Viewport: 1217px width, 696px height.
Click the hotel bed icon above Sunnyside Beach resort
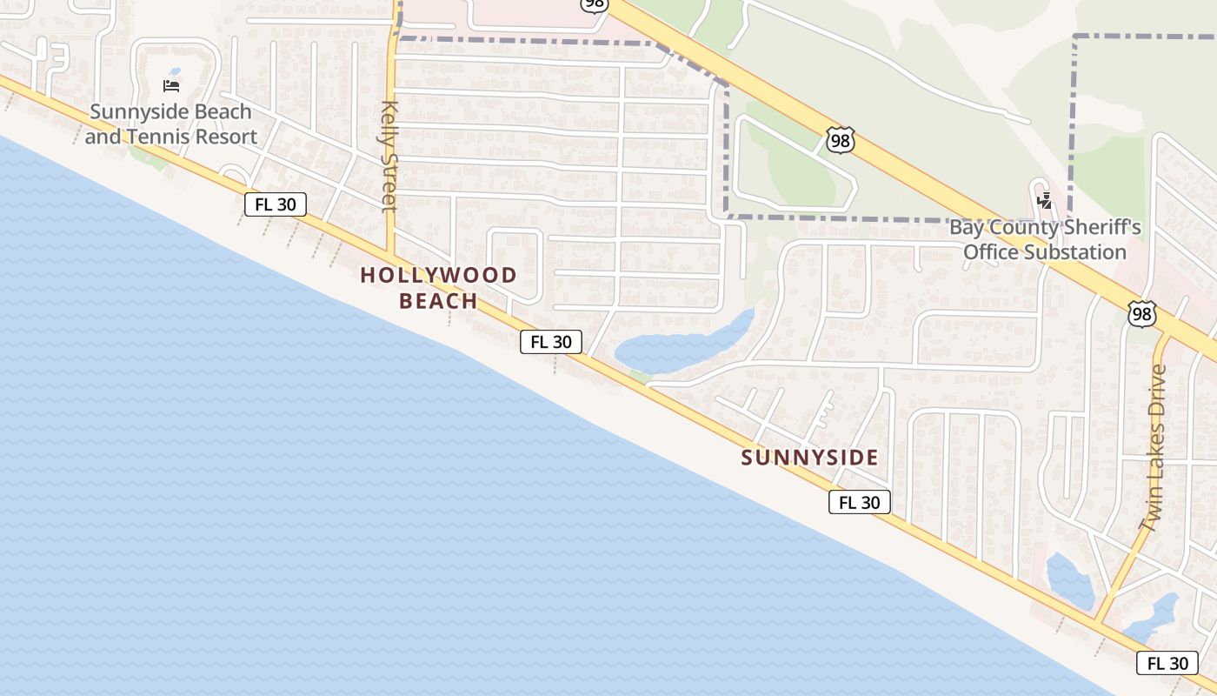[x=171, y=85]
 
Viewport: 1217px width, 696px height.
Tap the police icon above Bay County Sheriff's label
[x=1044, y=201]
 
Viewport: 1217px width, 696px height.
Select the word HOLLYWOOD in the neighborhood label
[x=438, y=275]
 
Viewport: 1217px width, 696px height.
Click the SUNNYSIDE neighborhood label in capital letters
[x=809, y=457]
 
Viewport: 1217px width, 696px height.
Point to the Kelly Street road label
[x=389, y=157]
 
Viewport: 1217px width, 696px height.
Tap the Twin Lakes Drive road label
[x=1154, y=447]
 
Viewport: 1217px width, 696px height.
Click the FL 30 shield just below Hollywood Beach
[x=550, y=342]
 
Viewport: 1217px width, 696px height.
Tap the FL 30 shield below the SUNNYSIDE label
[x=859, y=502]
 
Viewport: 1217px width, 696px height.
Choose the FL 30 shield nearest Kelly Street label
[x=275, y=204]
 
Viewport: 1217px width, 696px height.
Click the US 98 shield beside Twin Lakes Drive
[x=1141, y=314]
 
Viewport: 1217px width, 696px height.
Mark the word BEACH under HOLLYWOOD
[x=438, y=301]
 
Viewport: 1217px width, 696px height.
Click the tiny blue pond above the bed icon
[x=175, y=71]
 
